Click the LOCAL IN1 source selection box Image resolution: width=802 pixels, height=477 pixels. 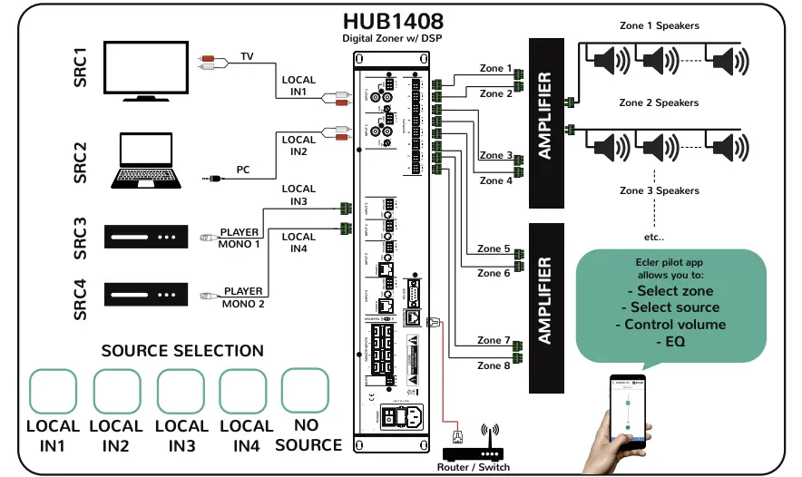[x=53, y=392]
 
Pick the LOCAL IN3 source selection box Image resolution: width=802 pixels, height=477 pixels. [x=181, y=392]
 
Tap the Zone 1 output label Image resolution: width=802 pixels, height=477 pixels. [x=496, y=69]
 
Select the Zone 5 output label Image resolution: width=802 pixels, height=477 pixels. [x=494, y=248]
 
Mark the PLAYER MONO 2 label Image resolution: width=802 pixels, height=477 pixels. [x=242, y=297]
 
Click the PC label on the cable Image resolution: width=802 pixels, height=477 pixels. [x=243, y=170]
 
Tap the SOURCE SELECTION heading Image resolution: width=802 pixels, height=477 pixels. [x=182, y=351]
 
